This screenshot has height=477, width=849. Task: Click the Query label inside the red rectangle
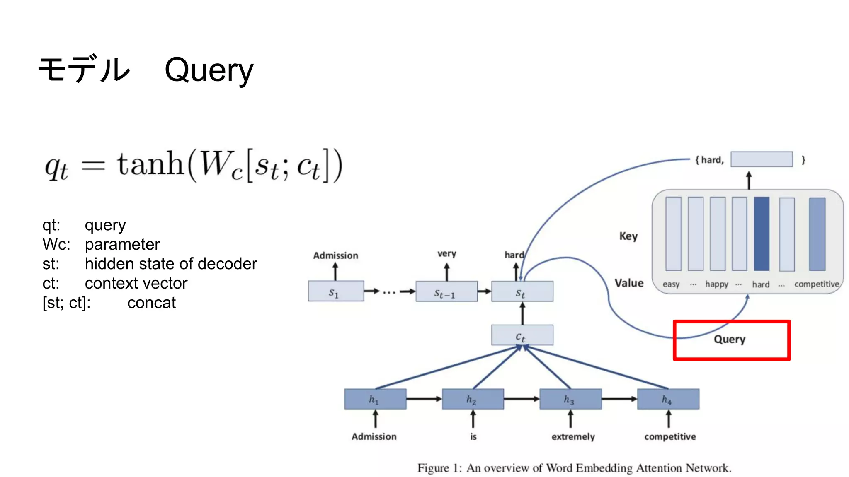729,339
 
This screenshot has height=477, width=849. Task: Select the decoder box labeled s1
335,291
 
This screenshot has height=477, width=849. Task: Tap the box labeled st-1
446,292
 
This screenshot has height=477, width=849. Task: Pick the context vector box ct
522,335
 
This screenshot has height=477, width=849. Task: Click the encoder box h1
375,399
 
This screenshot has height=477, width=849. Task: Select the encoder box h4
667,399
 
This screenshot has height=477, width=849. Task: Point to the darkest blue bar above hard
761,234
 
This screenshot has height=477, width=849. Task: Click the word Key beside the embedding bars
628,236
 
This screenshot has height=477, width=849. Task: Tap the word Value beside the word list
629,283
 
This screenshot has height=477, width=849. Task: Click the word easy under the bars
671,284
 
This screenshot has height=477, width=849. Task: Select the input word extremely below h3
572,436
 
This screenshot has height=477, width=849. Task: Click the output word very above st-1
446,253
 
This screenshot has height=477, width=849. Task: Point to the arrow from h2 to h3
521,399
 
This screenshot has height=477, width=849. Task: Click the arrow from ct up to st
522,313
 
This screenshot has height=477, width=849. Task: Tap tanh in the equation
150,164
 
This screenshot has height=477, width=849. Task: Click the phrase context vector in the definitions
136,283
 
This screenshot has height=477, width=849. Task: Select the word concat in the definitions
151,303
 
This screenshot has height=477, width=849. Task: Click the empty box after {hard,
761,159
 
